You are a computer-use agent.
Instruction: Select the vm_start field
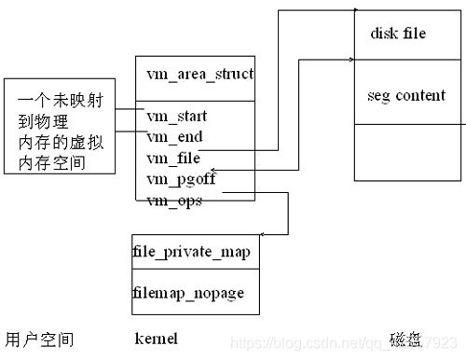[x=177, y=117]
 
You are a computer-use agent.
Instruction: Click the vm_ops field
[x=173, y=201]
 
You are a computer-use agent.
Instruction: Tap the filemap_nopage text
[x=188, y=292]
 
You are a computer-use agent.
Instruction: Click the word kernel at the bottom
[x=157, y=338]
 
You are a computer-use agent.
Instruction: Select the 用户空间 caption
[x=40, y=338]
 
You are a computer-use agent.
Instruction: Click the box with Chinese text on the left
[x=60, y=126]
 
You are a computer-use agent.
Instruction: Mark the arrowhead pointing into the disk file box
[x=349, y=12]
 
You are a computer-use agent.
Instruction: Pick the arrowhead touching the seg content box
[x=349, y=62]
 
